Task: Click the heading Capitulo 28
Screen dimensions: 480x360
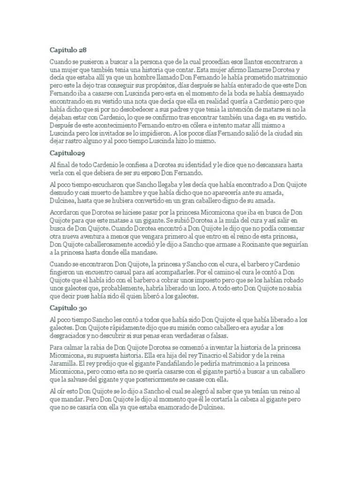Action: pyautogui.click(x=68, y=49)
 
